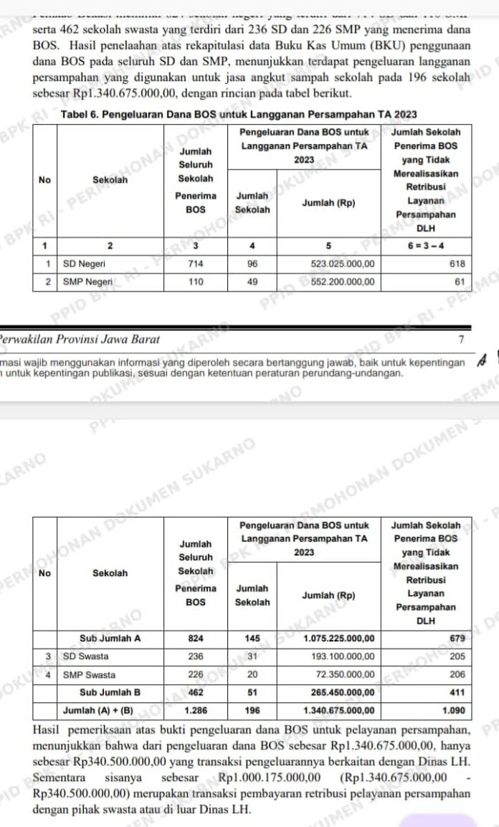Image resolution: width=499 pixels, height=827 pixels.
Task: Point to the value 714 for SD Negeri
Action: point(195,264)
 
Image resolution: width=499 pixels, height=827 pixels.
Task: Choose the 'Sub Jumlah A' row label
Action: point(110,637)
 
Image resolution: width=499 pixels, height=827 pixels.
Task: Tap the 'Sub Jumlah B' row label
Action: point(110,692)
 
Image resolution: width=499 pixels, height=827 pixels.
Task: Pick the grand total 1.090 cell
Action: point(454,710)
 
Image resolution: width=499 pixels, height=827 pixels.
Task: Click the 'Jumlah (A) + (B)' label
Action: point(104,710)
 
